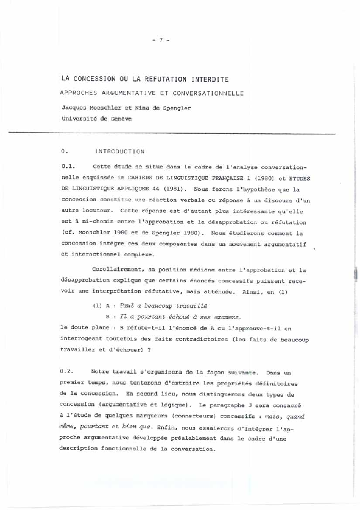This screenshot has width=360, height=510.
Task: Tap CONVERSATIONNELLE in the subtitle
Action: (x=202, y=93)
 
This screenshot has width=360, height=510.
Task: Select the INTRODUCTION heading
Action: (x=120, y=151)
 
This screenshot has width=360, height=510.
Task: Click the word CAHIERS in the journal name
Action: (x=141, y=178)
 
